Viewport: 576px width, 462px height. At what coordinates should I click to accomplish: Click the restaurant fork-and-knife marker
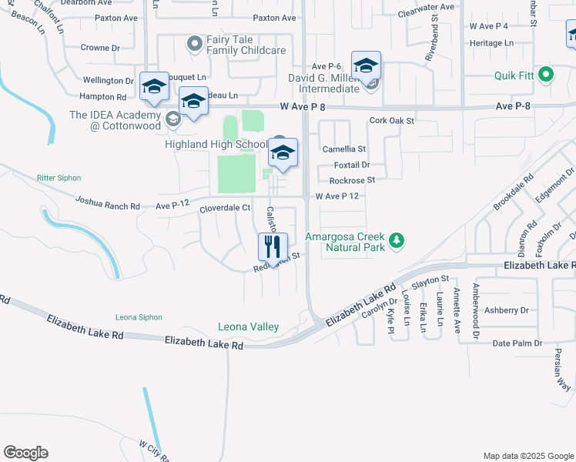point(272,246)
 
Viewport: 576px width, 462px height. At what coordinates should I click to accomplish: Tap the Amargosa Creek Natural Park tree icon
point(397,241)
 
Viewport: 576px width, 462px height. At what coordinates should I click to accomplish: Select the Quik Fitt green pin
point(546,75)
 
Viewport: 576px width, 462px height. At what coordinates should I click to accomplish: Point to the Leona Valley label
point(248,327)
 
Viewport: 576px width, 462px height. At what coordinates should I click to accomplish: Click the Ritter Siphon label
point(59,178)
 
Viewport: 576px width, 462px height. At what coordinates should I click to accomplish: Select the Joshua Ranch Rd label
point(107,203)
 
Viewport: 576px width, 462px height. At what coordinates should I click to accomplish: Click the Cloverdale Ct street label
point(226,208)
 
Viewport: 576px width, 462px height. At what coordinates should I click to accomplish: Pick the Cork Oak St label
point(392,121)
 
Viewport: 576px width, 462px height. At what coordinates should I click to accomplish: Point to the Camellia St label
point(343,149)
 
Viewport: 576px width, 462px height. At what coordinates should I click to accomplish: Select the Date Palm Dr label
point(517,343)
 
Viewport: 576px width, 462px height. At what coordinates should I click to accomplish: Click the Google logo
point(25,453)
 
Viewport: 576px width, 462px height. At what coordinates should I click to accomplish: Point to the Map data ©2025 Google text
point(527,456)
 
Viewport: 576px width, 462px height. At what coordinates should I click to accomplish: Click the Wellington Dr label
point(108,80)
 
